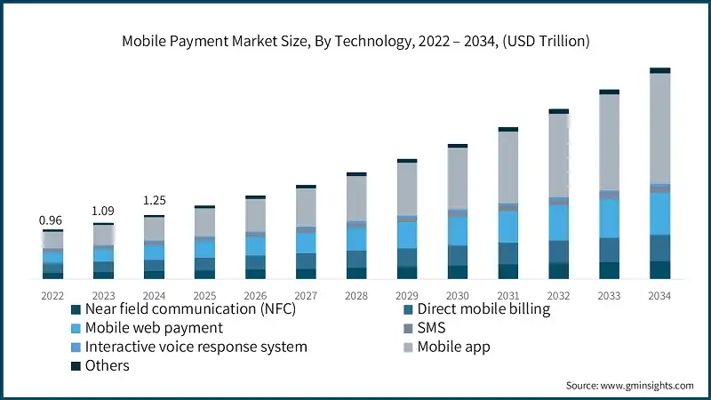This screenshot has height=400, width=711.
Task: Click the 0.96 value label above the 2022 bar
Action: click(51, 220)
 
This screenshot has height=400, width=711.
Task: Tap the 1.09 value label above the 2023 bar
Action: click(103, 211)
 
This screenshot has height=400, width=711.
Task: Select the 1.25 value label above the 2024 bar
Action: click(155, 200)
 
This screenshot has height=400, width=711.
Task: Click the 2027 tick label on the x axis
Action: click(306, 296)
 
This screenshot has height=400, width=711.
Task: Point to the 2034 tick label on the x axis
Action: click(659, 296)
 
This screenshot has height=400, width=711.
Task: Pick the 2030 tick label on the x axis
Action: click(457, 296)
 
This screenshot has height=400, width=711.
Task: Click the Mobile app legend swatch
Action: click(408, 348)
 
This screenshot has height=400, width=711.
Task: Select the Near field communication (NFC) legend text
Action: click(190, 308)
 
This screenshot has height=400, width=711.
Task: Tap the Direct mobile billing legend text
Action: click(483, 308)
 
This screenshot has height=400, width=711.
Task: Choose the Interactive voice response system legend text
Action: click(196, 347)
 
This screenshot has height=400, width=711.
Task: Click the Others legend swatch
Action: click(76, 366)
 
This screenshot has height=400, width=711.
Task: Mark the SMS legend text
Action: click(431, 328)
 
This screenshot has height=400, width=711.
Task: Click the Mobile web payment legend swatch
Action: click(76, 328)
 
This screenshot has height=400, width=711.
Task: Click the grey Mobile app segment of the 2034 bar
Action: click(659, 129)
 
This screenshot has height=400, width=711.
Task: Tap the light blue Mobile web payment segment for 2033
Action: click(609, 218)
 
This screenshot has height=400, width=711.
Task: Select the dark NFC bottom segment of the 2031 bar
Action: click(507, 272)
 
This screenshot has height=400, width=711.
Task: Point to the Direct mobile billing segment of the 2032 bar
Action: click(559, 252)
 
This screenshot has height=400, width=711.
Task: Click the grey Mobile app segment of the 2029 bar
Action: click(407, 189)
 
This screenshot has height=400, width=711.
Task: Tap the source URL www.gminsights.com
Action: click(647, 386)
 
